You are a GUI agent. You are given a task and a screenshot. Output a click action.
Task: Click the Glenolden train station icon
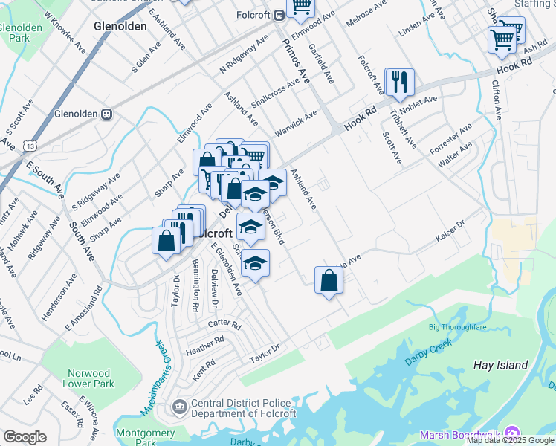point(106,114)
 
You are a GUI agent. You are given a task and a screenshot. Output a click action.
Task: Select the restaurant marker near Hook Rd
point(400,83)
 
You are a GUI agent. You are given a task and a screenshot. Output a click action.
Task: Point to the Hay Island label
point(501,365)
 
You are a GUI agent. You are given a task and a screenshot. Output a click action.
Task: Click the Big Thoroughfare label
point(457,327)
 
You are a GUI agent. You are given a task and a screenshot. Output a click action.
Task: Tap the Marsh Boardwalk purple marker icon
point(511,434)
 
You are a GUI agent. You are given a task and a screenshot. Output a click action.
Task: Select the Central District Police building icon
point(179,407)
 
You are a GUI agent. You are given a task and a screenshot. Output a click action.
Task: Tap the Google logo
point(25,436)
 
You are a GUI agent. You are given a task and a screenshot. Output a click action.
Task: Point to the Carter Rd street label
point(224,325)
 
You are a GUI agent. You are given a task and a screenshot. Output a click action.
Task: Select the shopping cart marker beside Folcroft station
point(301,7)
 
